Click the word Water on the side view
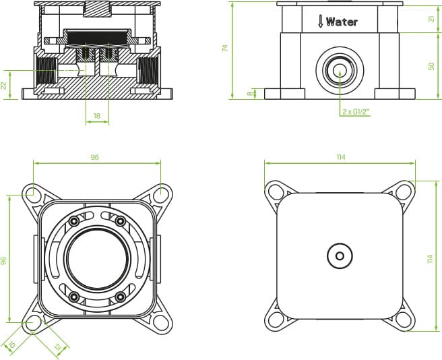pos(342,22)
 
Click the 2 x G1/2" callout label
pos(356,112)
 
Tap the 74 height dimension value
pos(224,48)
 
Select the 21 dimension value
pos(432,19)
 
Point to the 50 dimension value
pos(432,67)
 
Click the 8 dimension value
pos(250,94)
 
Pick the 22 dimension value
pos(3,86)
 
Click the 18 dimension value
pos(97,116)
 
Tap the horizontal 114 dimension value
pos(341,157)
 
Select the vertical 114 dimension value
pos(430,259)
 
